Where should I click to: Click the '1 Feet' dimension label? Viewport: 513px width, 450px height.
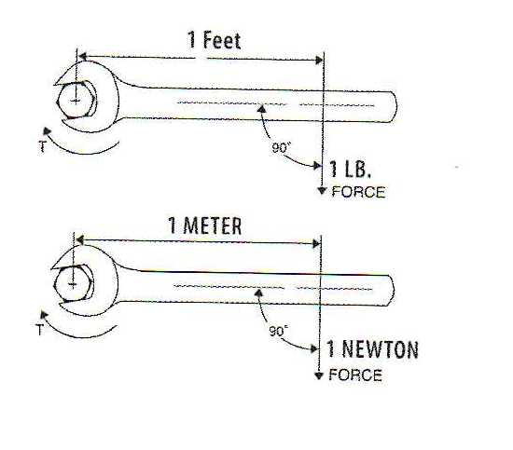(x=215, y=40)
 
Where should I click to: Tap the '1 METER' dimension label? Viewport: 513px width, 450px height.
(x=205, y=225)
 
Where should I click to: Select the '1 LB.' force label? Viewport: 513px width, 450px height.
(x=351, y=170)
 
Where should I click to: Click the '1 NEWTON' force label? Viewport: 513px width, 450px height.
(x=373, y=349)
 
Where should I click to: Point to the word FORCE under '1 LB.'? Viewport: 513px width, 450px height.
(x=358, y=192)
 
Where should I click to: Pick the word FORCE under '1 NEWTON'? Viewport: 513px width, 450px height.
(x=355, y=375)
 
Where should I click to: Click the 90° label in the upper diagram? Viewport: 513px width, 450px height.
(x=281, y=148)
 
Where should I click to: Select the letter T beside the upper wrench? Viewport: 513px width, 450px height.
(x=42, y=146)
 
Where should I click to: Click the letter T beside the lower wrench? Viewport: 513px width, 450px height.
(x=39, y=330)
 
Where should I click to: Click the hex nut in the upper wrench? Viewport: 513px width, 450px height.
(x=76, y=100)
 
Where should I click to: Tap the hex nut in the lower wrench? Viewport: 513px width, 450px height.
(x=74, y=283)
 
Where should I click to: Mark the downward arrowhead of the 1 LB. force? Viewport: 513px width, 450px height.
(x=323, y=191)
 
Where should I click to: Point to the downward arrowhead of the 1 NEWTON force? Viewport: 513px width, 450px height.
(x=319, y=375)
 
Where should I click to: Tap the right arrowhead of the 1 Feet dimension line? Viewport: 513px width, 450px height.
(x=319, y=61)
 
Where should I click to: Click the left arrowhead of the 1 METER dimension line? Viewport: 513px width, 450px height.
(x=80, y=240)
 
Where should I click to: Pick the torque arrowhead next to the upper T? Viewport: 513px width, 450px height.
(x=48, y=131)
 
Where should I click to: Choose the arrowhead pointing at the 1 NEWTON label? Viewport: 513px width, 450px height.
(x=314, y=349)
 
